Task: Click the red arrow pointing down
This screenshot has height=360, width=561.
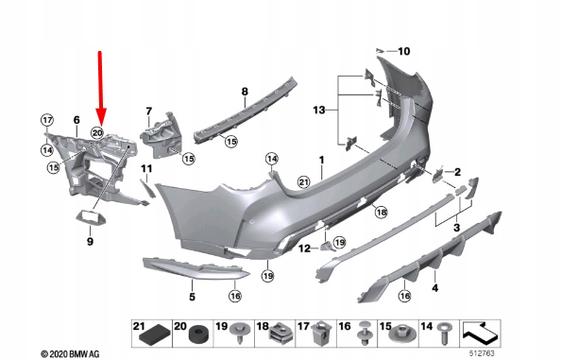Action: coord(100,88)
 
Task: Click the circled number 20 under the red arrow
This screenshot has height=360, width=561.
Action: coord(97,133)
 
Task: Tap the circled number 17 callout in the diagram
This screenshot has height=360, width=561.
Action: coord(47,120)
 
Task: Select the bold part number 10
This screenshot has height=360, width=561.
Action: coord(404,52)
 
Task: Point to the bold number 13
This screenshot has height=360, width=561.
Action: coord(319,111)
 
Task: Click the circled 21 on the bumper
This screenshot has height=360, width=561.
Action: coord(303,182)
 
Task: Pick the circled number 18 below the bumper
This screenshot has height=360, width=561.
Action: coord(382,213)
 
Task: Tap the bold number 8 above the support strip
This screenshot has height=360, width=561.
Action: coord(245,92)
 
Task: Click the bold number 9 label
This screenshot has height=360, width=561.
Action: coord(90,242)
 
